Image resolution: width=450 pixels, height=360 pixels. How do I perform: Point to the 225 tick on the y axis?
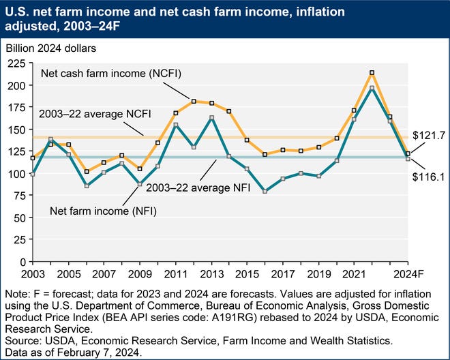point(16,63)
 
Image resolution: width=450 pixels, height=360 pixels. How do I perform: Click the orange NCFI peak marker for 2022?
point(372,73)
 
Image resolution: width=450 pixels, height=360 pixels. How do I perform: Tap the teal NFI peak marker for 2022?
point(372,88)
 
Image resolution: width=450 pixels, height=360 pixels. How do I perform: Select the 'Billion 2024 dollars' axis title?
point(50,48)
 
